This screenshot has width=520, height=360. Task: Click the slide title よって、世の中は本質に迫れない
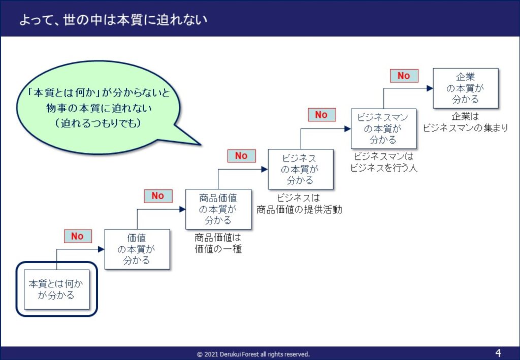click(113, 20)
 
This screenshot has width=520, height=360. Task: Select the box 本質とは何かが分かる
click(57, 289)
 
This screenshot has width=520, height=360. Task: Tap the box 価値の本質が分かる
click(137, 249)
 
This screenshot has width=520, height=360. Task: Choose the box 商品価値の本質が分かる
click(218, 209)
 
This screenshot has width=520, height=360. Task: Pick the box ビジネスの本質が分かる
click(301, 169)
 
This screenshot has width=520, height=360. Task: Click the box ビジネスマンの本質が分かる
click(383, 128)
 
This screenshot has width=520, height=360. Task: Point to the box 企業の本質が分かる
click(466, 88)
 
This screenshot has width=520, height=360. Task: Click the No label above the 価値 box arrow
click(78, 236)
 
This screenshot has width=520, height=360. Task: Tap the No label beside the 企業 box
click(404, 76)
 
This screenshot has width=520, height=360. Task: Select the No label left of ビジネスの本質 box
click(241, 155)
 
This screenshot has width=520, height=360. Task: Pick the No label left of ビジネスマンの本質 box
click(321, 115)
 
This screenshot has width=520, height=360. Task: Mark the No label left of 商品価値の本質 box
click(158, 196)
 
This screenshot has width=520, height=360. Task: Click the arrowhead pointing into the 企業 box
click(430, 88)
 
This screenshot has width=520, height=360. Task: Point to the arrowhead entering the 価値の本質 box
click(102, 249)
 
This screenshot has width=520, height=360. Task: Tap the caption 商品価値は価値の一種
click(218, 243)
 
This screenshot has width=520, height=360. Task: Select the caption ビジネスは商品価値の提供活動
click(299, 204)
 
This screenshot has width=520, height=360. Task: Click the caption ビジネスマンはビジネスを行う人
click(383, 162)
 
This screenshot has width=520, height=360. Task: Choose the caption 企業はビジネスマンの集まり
click(466, 122)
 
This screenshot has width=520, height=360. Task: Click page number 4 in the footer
click(498, 352)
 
